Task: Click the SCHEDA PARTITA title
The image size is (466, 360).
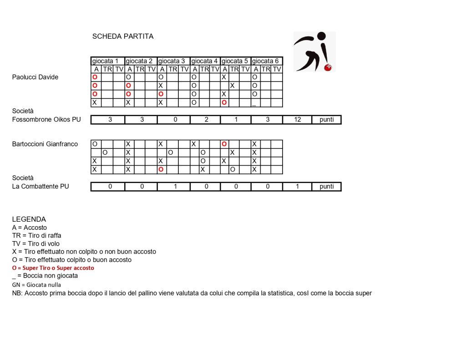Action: (x=123, y=36)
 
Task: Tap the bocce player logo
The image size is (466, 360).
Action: (x=314, y=51)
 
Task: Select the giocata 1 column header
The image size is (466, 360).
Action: (x=108, y=61)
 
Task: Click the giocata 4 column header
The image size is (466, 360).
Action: (x=205, y=61)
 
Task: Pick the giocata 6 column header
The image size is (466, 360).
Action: (x=267, y=61)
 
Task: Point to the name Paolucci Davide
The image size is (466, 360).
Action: (x=35, y=77)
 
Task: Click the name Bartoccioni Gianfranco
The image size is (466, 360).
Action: (x=45, y=144)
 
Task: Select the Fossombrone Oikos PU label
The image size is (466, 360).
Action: (x=46, y=119)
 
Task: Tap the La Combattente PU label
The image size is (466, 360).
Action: (x=41, y=186)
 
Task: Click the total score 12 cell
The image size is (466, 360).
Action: (x=297, y=120)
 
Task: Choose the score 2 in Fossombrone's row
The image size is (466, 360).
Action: (x=205, y=120)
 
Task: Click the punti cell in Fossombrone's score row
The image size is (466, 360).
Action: (x=326, y=120)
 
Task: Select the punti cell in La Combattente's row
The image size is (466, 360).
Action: (x=326, y=187)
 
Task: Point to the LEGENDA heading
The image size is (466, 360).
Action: (x=29, y=219)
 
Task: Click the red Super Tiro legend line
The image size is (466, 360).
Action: (x=53, y=268)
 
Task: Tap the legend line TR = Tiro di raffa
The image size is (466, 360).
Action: (x=37, y=235)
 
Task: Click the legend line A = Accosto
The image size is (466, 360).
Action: (x=30, y=228)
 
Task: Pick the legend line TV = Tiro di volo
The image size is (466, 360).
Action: (x=36, y=243)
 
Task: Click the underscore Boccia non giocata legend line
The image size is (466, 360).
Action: (x=45, y=276)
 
